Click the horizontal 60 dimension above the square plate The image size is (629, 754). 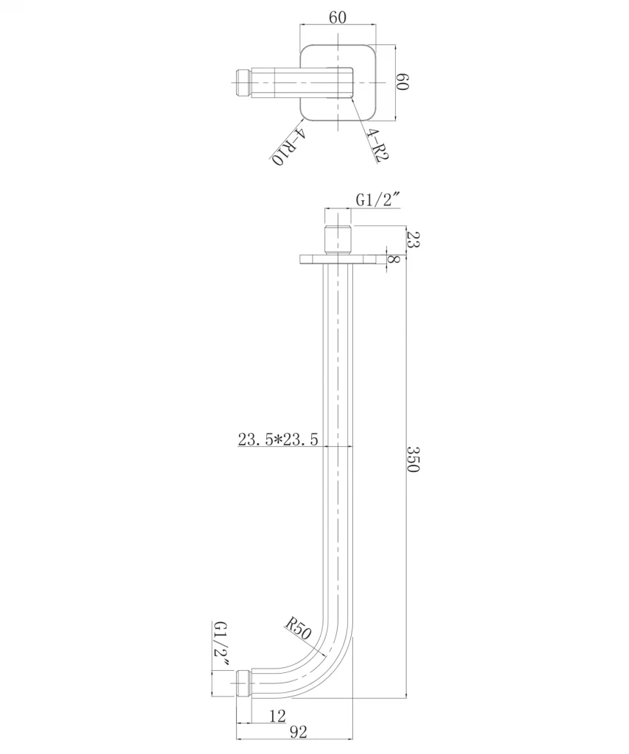click(x=338, y=18)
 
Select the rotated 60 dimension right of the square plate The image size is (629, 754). click(x=402, y=81)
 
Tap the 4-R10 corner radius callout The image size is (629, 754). click(x=288, y=147)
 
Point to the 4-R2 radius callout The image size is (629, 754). click(x=377, y=145)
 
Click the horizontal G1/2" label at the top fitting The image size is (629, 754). click(x=377, y=200)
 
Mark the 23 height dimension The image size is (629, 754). click(x=412, y=239)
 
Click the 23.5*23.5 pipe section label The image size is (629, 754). click(x=277, y=440)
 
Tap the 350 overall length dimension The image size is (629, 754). click(x=413, y=460)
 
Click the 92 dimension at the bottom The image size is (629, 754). click(x=297, y=732)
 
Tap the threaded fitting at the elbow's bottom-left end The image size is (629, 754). click(x=244, y=684)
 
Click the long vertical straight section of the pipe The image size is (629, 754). click(x=338, y=442)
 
